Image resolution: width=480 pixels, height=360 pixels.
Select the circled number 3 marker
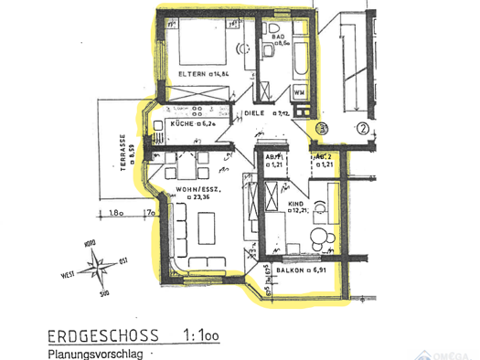[321, 129]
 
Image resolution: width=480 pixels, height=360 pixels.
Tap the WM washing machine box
[299, 92]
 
